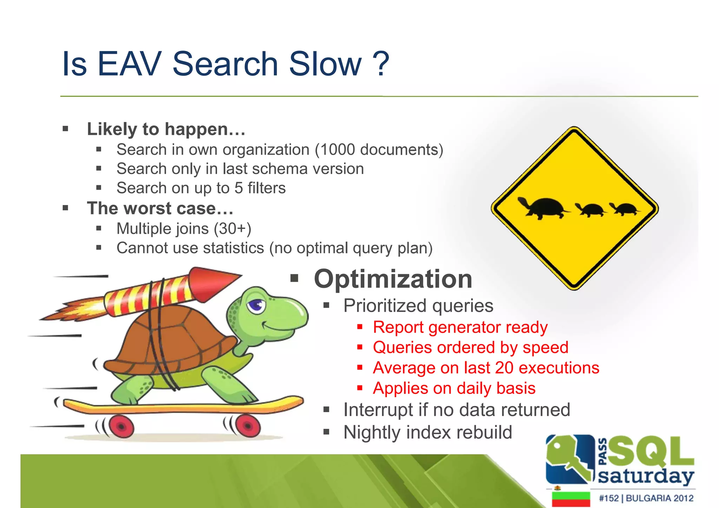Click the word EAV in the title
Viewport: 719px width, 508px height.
click(x=129, y=64)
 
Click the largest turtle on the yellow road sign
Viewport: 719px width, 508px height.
click(x=543, y=208)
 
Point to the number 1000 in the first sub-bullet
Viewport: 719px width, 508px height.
click(x=338, y=150)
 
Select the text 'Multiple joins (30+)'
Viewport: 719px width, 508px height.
click(x=184, y=229)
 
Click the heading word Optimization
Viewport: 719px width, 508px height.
click(x=393, y=279)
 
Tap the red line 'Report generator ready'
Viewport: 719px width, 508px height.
click(x=460, y=327)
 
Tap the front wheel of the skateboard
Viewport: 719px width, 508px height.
click(x=248, y=425)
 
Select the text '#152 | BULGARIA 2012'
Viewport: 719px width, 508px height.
click(x=646, y=498)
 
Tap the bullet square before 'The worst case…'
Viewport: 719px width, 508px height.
click(x=65, y=208)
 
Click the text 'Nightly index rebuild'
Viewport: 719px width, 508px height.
click(x=428, y=433)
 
